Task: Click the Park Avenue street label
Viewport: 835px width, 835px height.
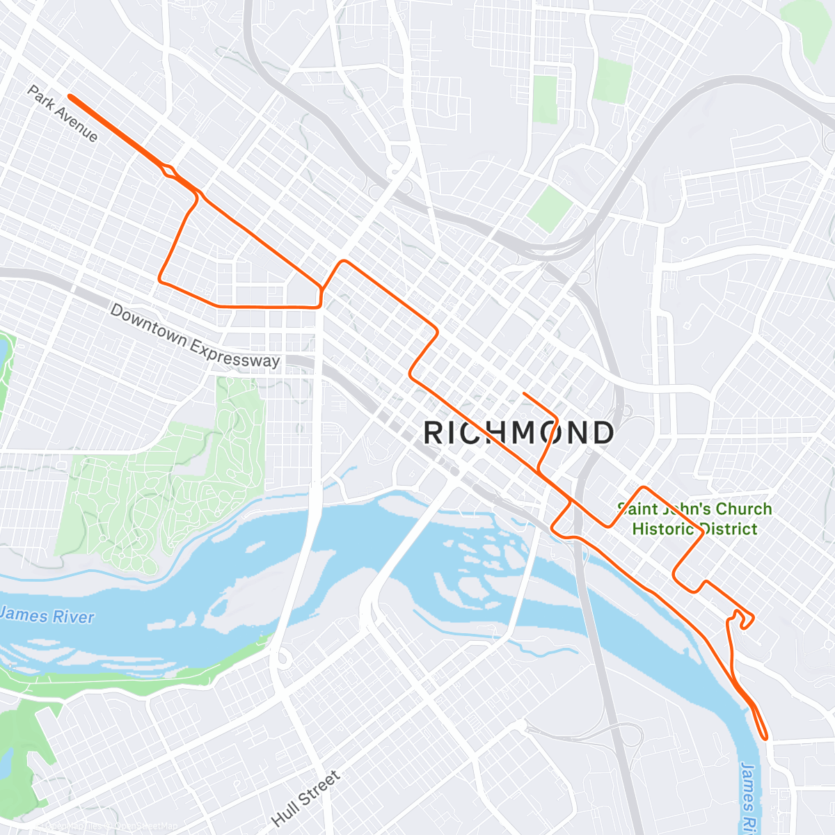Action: tap(63, 113)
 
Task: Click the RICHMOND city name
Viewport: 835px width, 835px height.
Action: tap(518, 433)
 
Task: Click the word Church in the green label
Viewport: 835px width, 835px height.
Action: tap(743, 509)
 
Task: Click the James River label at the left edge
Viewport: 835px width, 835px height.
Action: tap(46, 616)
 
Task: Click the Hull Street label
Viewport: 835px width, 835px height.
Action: tap(306, 798)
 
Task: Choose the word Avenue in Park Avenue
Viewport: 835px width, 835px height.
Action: tap(77, 125)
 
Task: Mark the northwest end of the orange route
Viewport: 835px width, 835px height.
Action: tap(70, 97)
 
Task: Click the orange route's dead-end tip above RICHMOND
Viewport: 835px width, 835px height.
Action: tap(523, 394)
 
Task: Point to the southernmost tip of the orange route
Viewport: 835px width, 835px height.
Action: tap(765, 738)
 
